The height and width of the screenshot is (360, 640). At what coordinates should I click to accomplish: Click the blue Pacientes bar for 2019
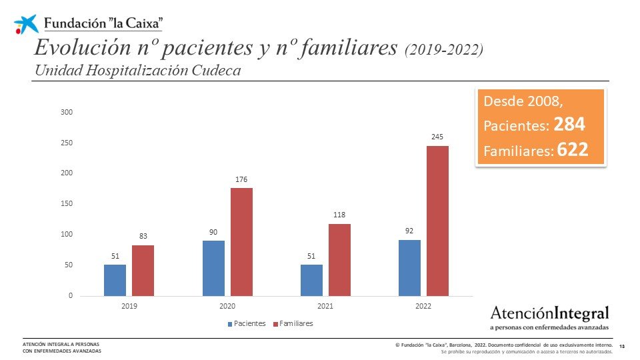click(x=115, y=280)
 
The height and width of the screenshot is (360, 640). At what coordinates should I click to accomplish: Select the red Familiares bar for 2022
click(x=437, y=221)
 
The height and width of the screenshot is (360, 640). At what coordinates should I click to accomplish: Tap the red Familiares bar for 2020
click(x=241, y=241)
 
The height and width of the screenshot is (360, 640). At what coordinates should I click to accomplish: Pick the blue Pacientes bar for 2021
click(x=311, y=280)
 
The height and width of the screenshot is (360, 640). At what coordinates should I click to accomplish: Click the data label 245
click(x=437, y=137)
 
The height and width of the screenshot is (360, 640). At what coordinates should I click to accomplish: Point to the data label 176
click(x=241, y=179)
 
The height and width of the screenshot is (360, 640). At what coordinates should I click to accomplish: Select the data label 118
click(x=339, y=215)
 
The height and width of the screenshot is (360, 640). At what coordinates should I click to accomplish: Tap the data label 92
click(x=409, y=231)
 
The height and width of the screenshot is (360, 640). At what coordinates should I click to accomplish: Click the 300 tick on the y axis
click(x=66, y=112)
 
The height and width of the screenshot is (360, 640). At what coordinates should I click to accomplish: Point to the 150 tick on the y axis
click(x=66, y=204)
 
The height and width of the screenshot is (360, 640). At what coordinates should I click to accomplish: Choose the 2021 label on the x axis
click(x=325, y=307)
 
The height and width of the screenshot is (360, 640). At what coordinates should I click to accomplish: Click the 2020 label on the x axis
click(x=227, y=307)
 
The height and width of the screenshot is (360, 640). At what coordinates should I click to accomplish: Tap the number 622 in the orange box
click(x=573, y=150)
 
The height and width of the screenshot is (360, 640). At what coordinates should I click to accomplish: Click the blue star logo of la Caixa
click(x=27, y=23)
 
